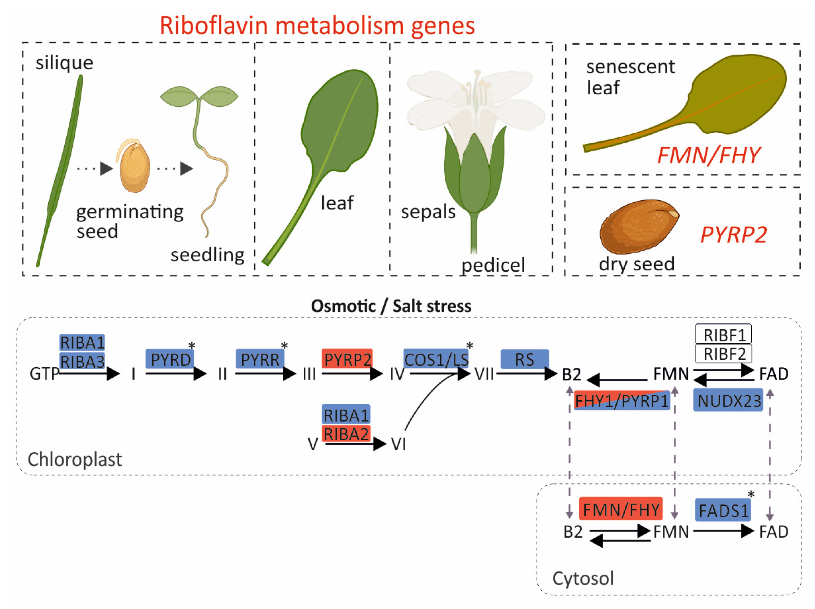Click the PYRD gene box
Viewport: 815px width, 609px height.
point(170,359)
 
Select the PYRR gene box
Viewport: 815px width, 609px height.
point(260,359)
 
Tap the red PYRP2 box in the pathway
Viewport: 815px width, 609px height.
point(347,359)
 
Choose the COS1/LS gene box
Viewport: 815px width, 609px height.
point(436,359)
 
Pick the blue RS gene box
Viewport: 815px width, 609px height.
point(525,359)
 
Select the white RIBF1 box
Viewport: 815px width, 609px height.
point(724,334)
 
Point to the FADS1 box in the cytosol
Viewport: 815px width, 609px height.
point(723,510)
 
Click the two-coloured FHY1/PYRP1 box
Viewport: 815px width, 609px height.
point(622,400)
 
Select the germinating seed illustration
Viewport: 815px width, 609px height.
point(134,167)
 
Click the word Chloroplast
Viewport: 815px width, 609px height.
point(74,459)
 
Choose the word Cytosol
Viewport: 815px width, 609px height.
point(583,578)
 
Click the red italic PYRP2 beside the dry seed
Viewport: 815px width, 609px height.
point(733,234)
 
